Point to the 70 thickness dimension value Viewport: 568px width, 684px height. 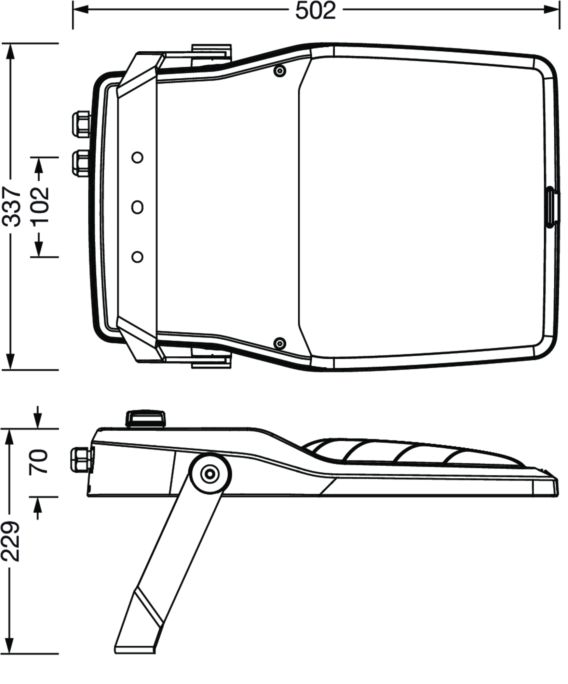tap(38, 462)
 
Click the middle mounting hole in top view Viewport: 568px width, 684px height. tap(137, 207)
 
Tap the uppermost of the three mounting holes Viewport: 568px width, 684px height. tap(137, 157)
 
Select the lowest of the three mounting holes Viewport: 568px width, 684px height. tap(137, 257)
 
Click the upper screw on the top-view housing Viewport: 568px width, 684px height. tap(280, 71)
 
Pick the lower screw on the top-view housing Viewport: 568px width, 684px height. tap(280, 342)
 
